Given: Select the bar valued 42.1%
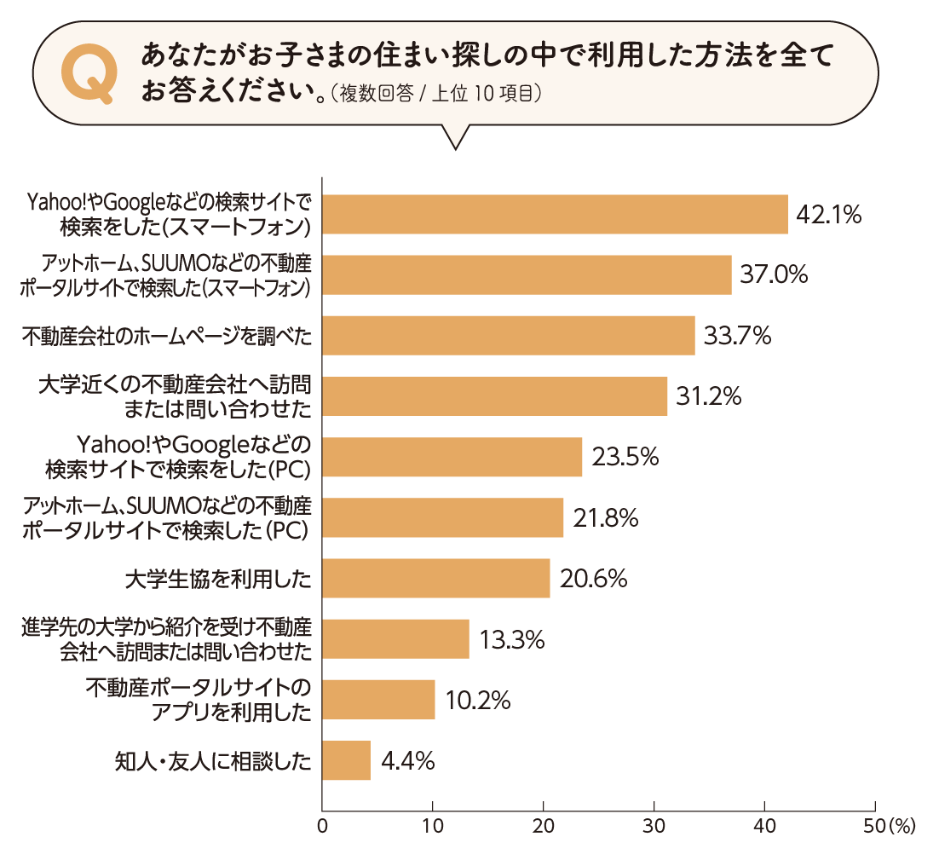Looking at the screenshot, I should point(555,214).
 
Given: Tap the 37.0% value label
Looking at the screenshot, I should point(773,274).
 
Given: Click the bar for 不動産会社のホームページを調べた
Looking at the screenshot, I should point(509,336).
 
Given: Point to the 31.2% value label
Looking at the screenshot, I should point(709,396).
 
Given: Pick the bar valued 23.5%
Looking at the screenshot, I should point(452,457).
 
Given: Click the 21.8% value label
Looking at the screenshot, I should point(605,518).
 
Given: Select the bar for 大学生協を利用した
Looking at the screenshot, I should point(436,579).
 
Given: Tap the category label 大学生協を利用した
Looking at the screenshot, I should point(217,580).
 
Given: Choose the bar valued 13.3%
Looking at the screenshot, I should point(395,639).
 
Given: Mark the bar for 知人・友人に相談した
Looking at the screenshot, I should point(347,760).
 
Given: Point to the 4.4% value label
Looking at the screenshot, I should point(408,761).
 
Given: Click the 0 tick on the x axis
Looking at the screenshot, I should point(322,826).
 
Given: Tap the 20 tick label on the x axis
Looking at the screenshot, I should point(543,826).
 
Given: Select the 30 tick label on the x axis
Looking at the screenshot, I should point(654,826).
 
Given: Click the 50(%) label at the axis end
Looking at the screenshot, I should point(889,826).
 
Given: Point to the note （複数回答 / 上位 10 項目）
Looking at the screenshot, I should point(435,94).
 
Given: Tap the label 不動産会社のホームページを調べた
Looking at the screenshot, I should point(166,337).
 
